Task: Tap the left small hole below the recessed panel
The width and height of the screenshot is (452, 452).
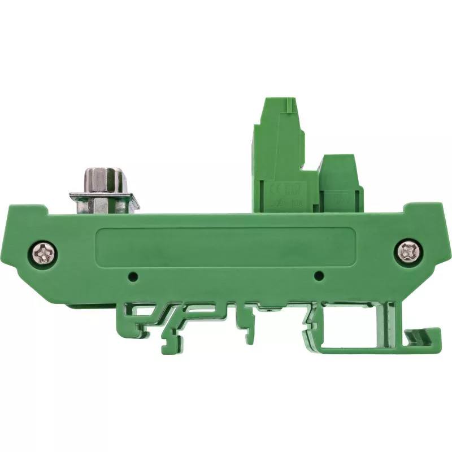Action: (x=133, y=276)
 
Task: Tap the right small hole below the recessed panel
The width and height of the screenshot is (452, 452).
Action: (x=318, y=276)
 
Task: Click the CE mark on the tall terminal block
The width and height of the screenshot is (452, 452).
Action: (x=275, y=189)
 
